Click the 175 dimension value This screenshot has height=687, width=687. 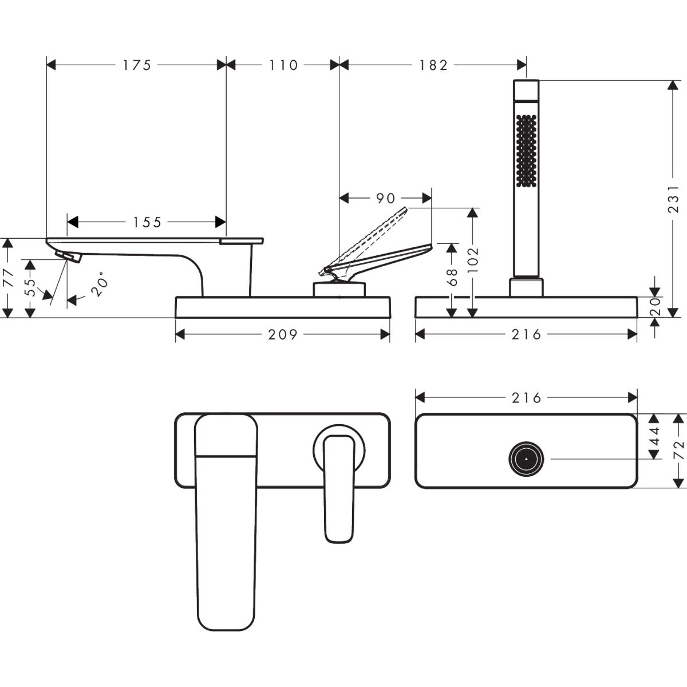click(x=137, y=65)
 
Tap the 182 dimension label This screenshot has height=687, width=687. click(x=433, y=65)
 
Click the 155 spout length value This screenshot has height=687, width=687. click(x=147, y=222)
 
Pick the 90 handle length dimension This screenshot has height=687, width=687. click(x=385, y=198)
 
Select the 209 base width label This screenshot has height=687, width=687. click(x=283, y=334)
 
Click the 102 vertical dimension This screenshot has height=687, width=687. click(x=472, y=259)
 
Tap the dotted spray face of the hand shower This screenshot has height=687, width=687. click(x=526, y=151)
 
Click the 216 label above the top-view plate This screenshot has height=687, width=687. click(x=526, y=397)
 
